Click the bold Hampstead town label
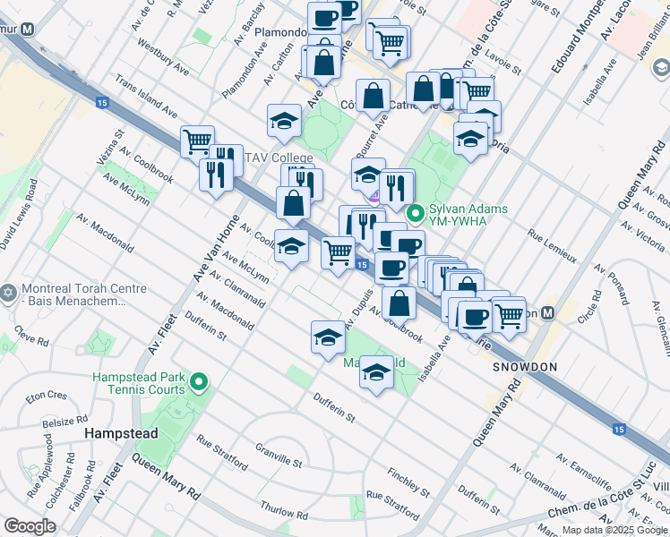pos(121,433)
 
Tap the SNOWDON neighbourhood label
pos(524,367)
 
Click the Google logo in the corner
pos(30,526)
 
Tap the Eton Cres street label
pos(46,395)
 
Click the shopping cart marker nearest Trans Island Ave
pos(197,141)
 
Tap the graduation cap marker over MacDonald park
pos(377,373)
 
